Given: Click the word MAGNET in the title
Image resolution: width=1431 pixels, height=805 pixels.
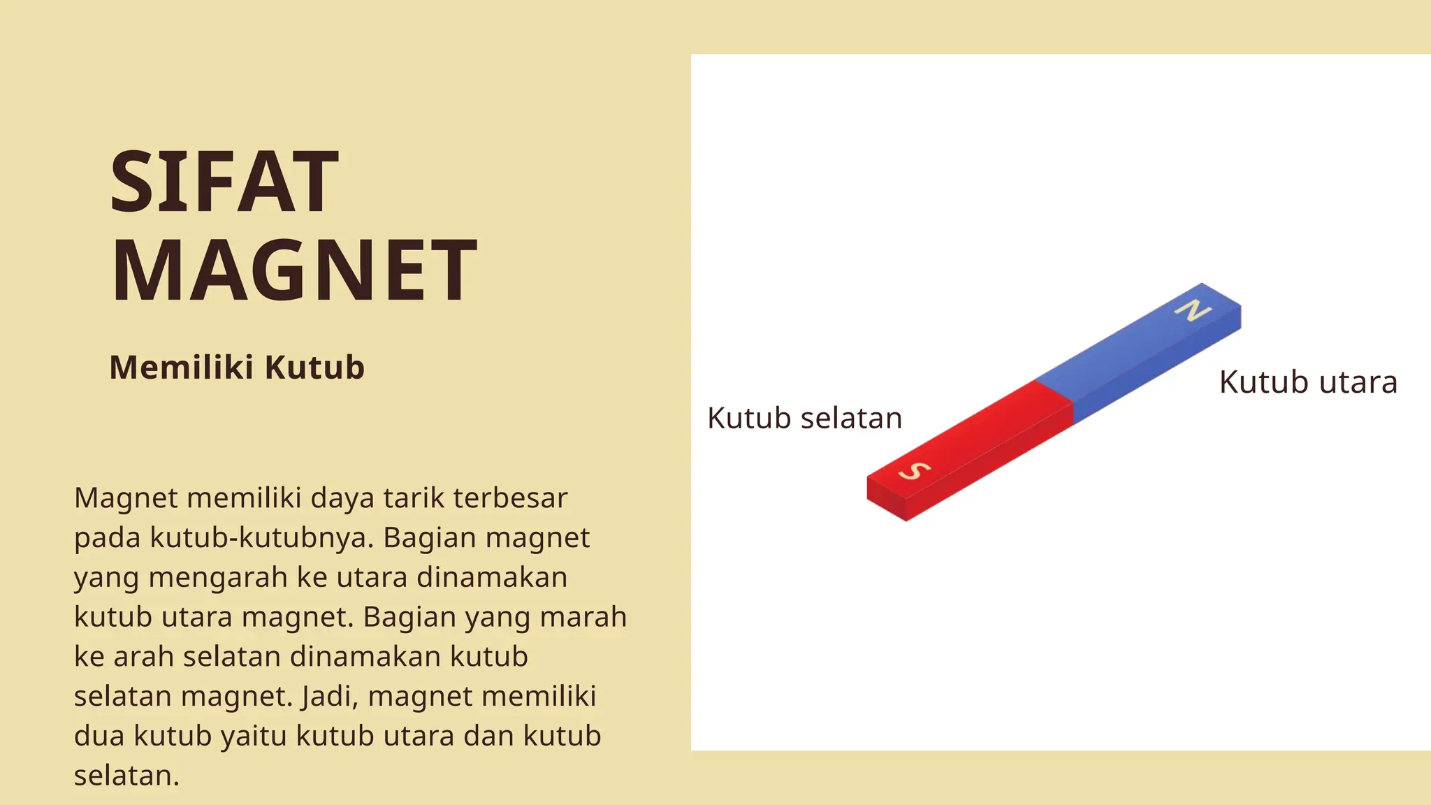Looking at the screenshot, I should [x=294, y=270].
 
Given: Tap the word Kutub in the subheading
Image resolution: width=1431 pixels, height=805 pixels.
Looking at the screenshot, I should [x=314, y=368].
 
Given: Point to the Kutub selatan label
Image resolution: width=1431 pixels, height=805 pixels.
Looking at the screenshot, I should [x=804, y=419].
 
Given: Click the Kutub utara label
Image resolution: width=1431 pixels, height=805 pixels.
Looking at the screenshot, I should [x=1308, y=383].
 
